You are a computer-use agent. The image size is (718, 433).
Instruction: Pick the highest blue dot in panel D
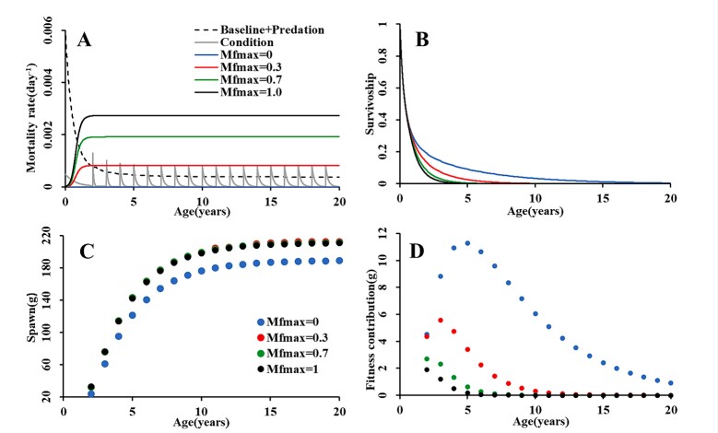pyautogui.click(x=466, y=243)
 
